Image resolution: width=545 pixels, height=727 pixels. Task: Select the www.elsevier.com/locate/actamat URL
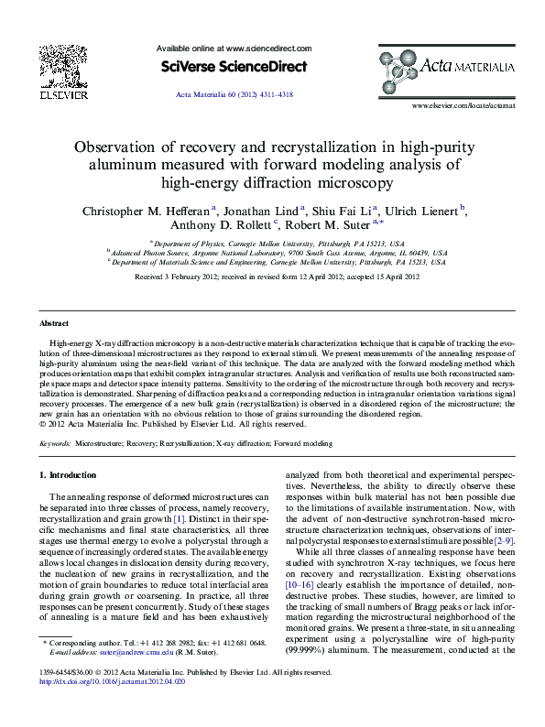[x=463, y=106]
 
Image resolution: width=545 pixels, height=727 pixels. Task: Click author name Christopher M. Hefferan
[x=147, y=210]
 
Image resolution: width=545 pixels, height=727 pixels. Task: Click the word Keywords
[x=55, y=442]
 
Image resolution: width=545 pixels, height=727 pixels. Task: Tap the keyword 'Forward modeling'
[x=304, y=442]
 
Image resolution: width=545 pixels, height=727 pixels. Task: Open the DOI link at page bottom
[x=119, y=681]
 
